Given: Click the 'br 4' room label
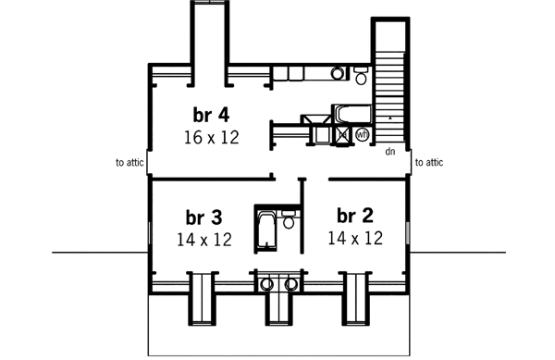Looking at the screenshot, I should click(x=211, y=116).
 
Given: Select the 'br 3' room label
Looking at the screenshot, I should click(x=203, y=217).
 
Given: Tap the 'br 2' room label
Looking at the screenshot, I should click(x=354, y=216).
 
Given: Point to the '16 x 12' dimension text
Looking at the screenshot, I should click(x=211, y=137).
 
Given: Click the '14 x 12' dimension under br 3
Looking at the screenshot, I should click(x=203, y=239).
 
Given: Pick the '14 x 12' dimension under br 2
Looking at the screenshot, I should click(x=354, y=238).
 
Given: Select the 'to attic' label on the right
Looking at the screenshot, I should click(x=429, y=163).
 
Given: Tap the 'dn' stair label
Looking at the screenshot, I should click(x=390, y=151).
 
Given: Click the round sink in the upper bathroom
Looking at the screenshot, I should click(x=337, y=73).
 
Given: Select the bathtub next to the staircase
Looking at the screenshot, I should click(x=351, y=114).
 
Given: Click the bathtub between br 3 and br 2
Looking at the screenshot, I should click(x=265, y=230).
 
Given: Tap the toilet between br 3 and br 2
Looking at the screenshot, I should click(x=289, y=222).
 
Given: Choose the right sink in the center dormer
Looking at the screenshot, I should click(x=290, y=284).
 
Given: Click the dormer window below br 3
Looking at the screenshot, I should click(x=203, y=299).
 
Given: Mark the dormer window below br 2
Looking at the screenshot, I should click(x=356, y=299).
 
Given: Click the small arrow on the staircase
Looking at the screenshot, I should click(x=392, y=119).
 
